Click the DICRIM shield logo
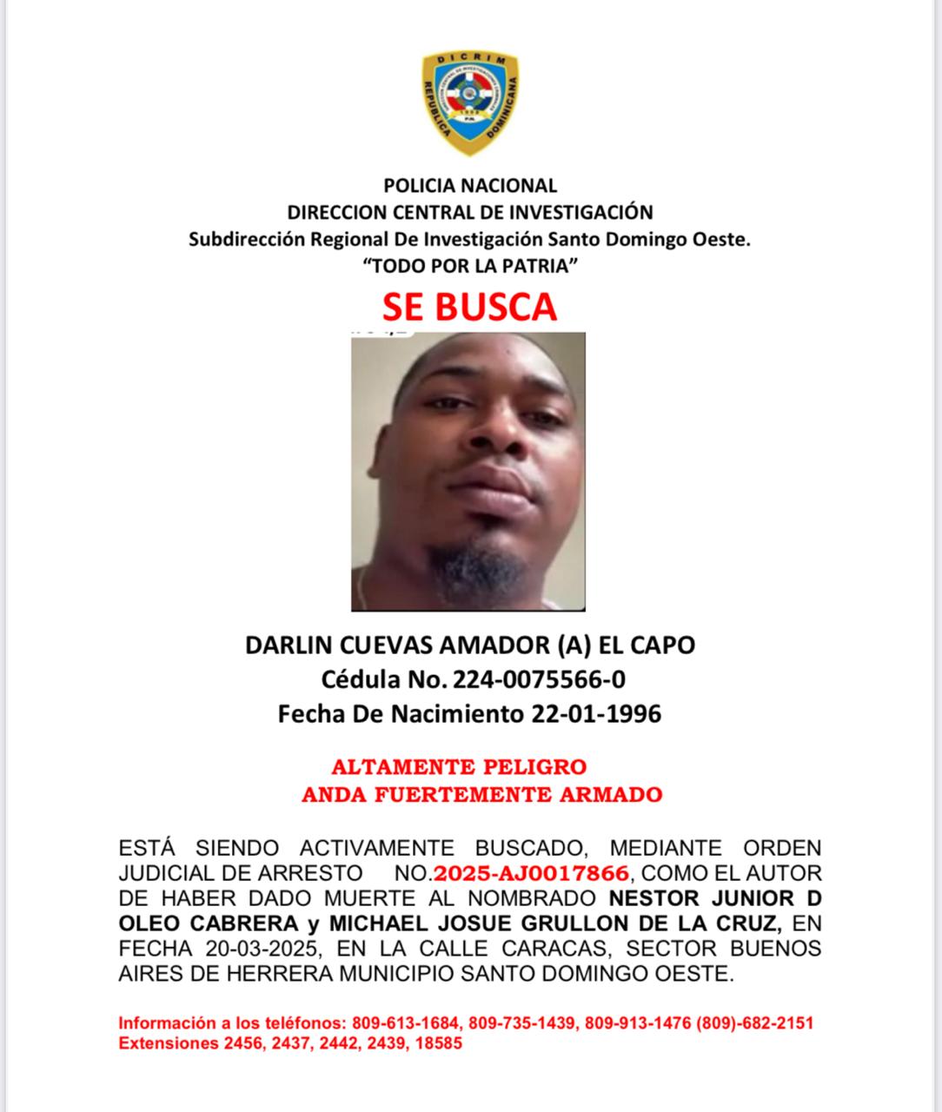470,103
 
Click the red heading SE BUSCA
470,307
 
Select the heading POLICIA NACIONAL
470,185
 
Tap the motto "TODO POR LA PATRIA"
470,266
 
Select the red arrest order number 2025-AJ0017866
530,873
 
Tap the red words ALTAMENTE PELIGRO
459,767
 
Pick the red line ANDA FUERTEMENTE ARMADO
481,794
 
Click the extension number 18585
438,1042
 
